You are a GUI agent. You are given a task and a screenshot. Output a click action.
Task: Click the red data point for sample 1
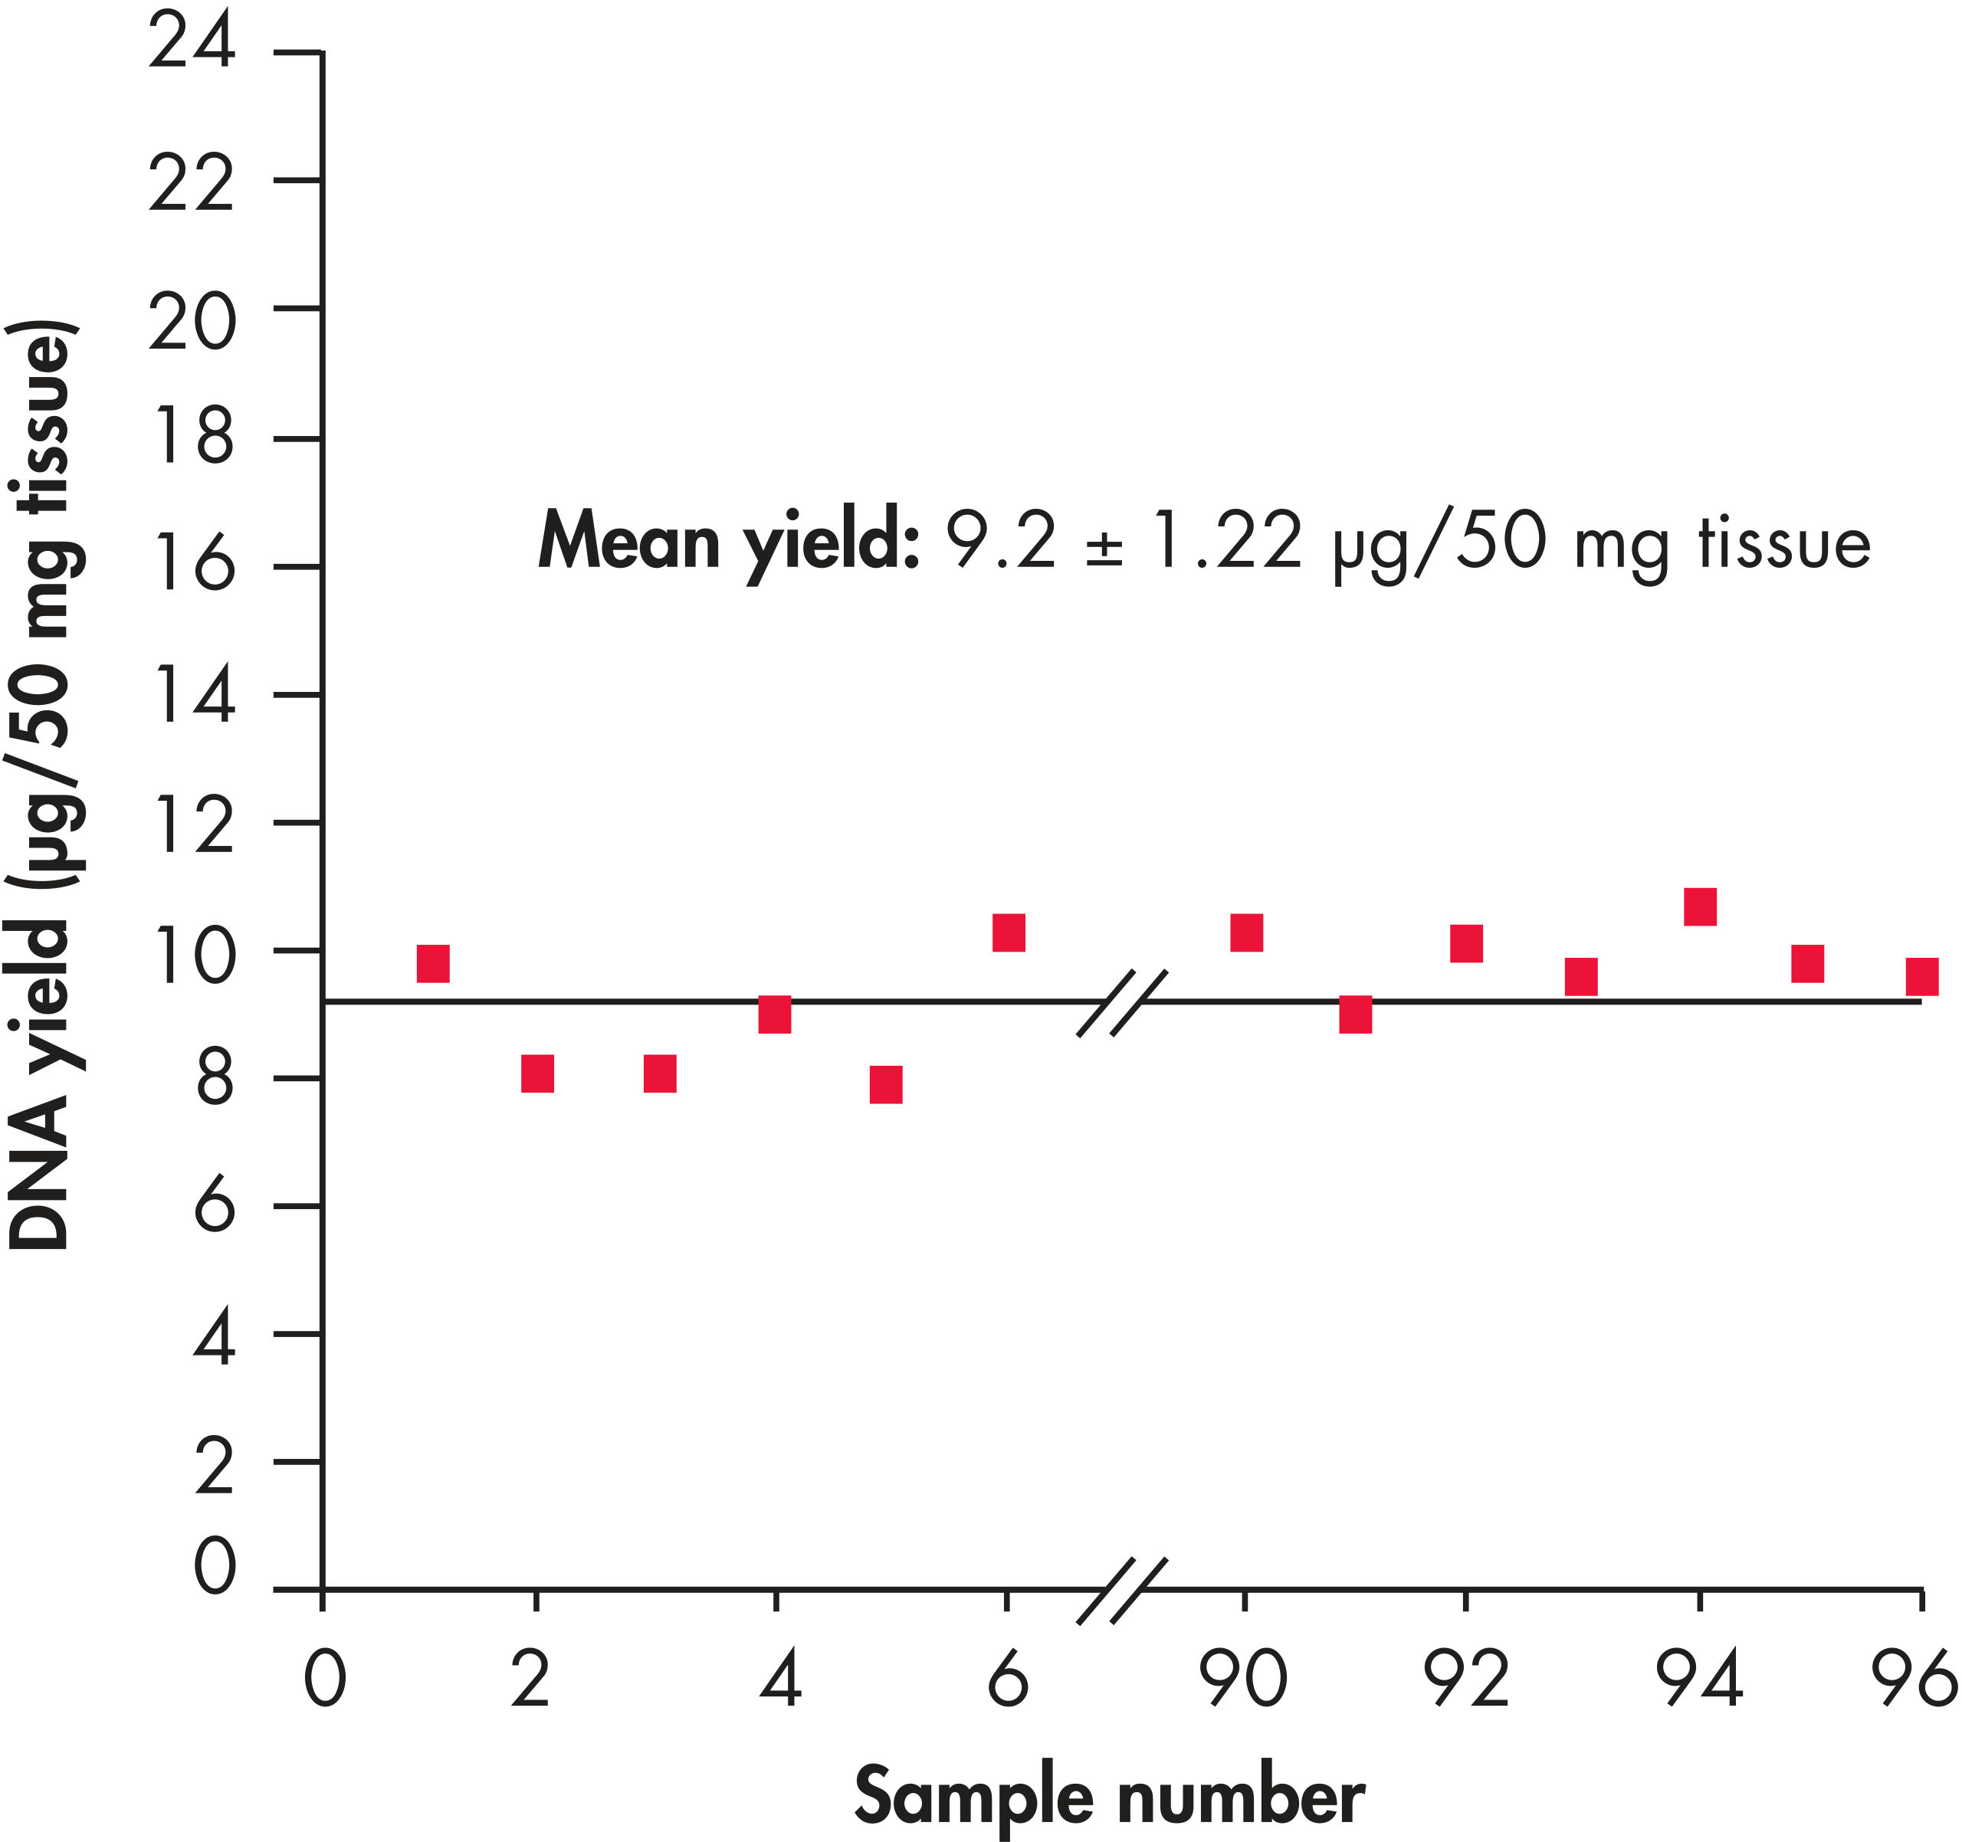[433, 964]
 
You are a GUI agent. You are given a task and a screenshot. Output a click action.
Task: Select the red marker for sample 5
[886, 1084]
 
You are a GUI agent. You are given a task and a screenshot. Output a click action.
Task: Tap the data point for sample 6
[1009, 932]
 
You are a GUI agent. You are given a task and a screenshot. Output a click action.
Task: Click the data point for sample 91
[1356, 1014]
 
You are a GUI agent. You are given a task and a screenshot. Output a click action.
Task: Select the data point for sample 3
[660, 1073]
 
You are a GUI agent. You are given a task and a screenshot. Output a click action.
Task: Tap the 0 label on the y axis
[214, 1565]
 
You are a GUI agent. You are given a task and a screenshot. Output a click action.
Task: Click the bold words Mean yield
[728, 542]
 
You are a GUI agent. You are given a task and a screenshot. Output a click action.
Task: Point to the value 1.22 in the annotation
[1225, 541]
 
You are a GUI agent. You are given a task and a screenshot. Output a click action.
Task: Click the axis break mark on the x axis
[1122, 1591]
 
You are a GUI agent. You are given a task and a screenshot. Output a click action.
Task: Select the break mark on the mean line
[1122, 1004]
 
